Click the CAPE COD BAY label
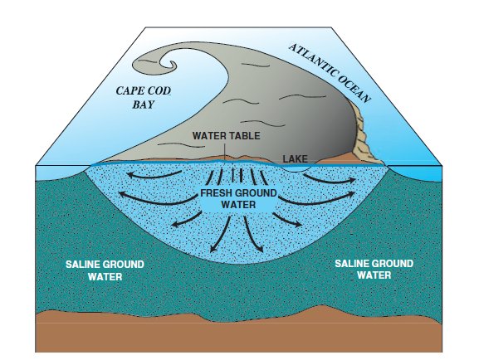144,98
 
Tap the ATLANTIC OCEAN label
330,73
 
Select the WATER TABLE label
227,135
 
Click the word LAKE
295,159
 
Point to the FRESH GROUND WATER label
238,198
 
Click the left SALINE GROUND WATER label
105,270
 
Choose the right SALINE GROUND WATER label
374,269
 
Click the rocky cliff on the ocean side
365,134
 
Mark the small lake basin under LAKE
295,168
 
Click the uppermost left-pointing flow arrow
154,175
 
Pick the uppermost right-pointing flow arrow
330,179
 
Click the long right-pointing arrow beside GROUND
318,200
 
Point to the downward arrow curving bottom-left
221,234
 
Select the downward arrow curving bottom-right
252,234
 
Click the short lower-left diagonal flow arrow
186,220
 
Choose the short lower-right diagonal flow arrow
287,220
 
